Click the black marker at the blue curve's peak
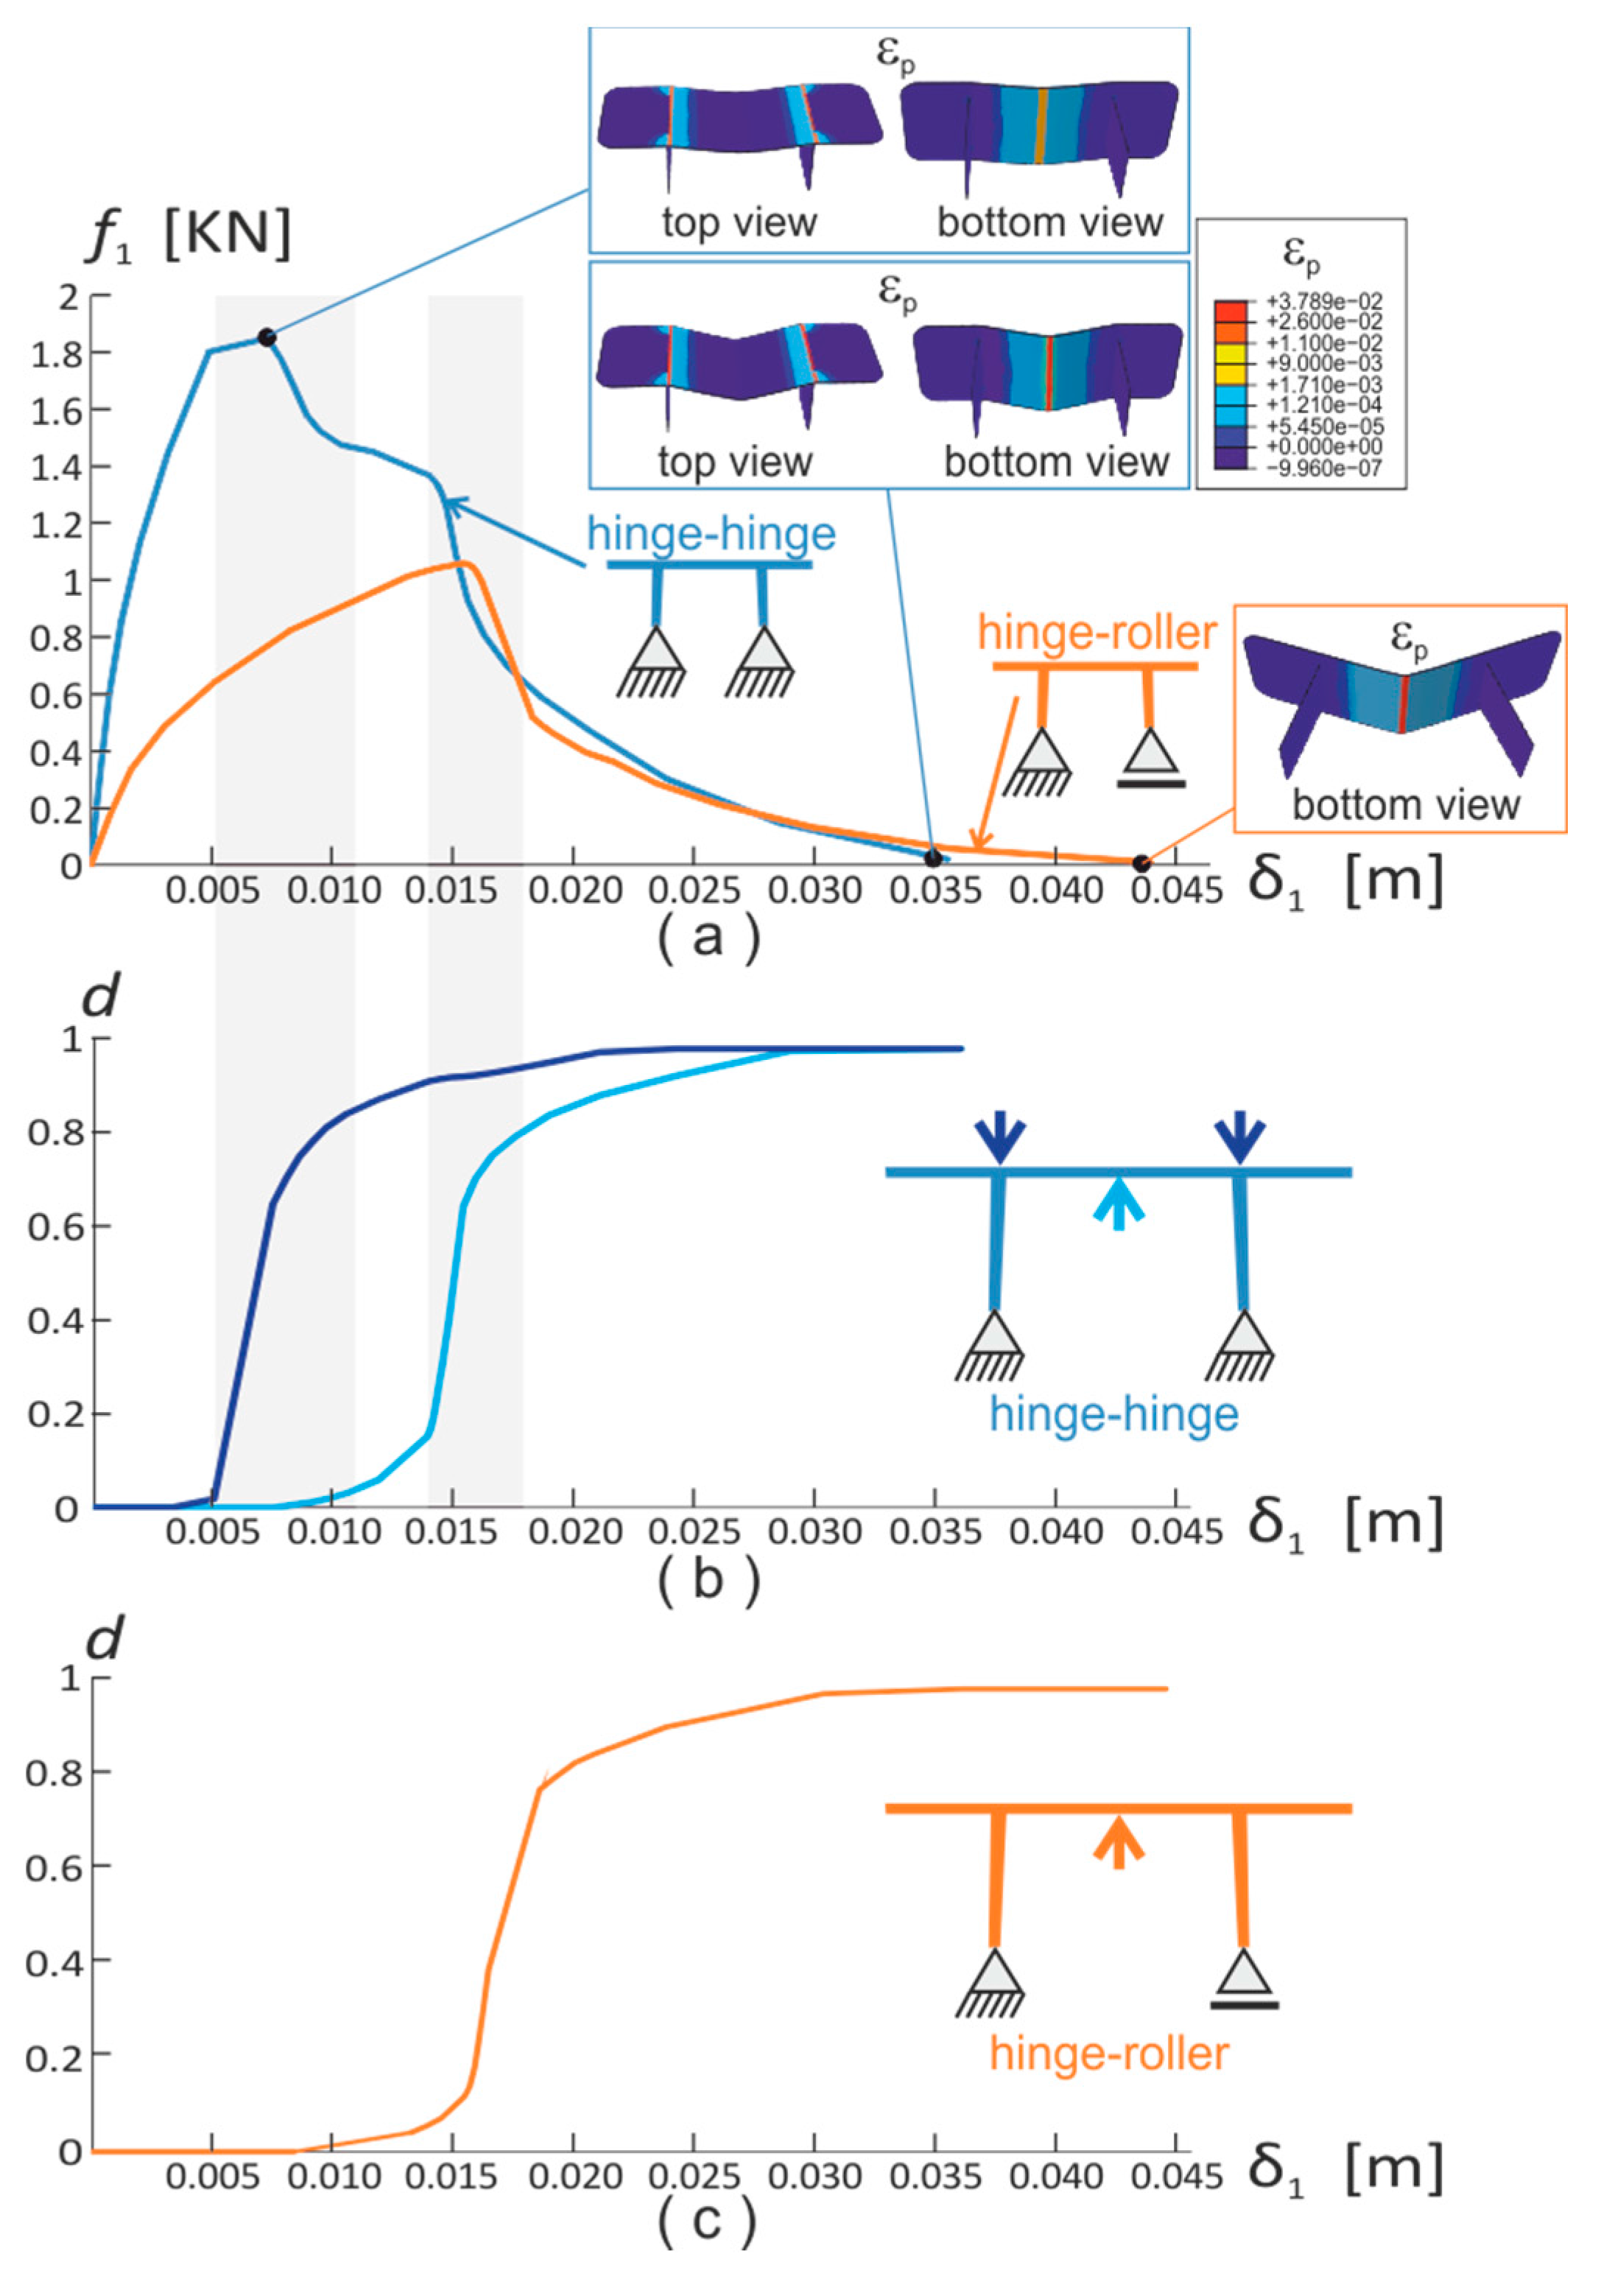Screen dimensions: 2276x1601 click(266, 337)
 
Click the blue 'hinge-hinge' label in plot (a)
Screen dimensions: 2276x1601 click(711, 534)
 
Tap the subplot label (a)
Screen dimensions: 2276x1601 click(708, 937)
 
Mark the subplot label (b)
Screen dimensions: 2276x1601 click(708, 1578)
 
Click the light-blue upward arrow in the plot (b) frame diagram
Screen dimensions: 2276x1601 click(1118, 1202)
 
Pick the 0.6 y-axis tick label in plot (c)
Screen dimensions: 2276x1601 click(55, 1866)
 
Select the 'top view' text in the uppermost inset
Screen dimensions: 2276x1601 click(739, 222)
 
